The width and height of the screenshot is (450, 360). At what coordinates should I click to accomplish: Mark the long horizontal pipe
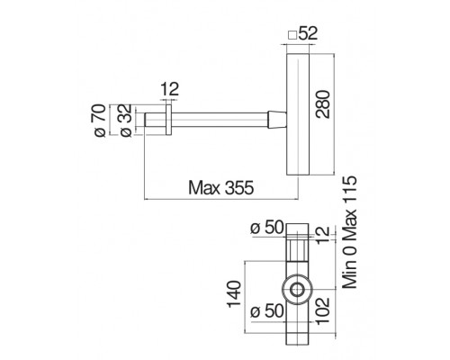[x=220, y=121]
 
